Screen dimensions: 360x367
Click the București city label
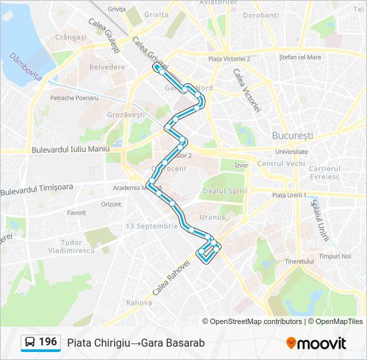coord(292,135)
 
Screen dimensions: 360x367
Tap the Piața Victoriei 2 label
coord(229,59)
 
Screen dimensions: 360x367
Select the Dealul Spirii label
coord(224,191)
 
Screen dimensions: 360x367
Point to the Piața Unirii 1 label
coord(290,195)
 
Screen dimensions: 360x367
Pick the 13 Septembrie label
coord(152,226)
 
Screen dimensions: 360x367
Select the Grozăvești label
coord(126,115)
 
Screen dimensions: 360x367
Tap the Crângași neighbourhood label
coord(71,37)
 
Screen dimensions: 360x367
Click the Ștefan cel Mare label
coord(301,57)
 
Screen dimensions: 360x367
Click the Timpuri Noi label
coord(335,256)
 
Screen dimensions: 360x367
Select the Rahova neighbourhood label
coord(139,303)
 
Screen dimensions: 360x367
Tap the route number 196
coord(47,342)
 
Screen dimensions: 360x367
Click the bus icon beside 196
coord(30,343)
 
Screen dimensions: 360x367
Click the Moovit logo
coord(316,343)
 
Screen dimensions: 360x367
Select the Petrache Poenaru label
coord(74,98)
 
